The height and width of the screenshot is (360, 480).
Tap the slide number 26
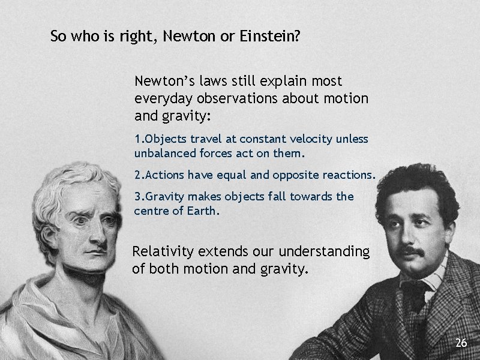[461, 343]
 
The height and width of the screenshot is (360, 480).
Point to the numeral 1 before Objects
[137, 139]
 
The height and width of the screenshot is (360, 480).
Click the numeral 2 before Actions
[137, 175]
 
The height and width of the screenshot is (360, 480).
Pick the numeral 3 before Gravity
[137, 197]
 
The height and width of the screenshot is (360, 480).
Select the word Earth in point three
[203, 211]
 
